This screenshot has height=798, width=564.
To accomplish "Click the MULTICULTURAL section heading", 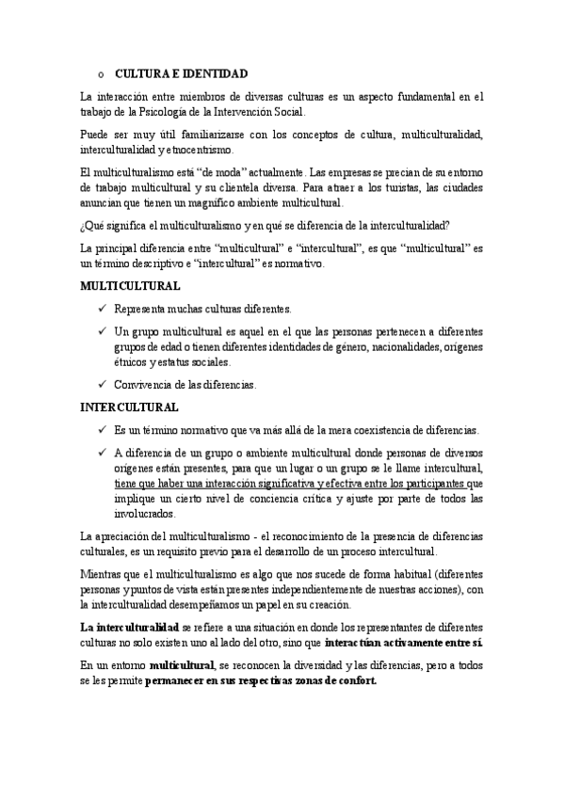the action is (x=130, y=285).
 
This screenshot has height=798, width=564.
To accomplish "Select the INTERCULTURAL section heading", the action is (x=130, y=407).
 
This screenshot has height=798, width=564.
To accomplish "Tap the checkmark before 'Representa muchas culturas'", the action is (x=103, y=309).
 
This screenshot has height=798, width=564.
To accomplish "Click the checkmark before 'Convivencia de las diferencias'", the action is (x=103, y=384).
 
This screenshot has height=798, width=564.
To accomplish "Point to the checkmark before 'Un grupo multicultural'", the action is (x=103, y=331).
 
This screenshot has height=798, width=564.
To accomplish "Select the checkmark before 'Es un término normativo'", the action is (x=103, y=430).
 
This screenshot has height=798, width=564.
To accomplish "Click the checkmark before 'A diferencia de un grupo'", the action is (x=103, y=453).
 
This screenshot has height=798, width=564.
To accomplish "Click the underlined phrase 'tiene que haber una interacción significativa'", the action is (x=232, y=485).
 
